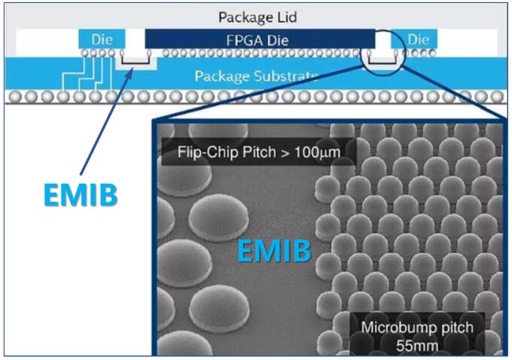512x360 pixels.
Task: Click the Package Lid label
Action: (255, 17)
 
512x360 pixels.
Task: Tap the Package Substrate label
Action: (256, 76)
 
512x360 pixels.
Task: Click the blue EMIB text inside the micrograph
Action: (274, 251)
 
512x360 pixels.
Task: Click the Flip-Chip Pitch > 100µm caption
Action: (258, 151)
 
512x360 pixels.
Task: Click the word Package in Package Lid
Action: (242, 17)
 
